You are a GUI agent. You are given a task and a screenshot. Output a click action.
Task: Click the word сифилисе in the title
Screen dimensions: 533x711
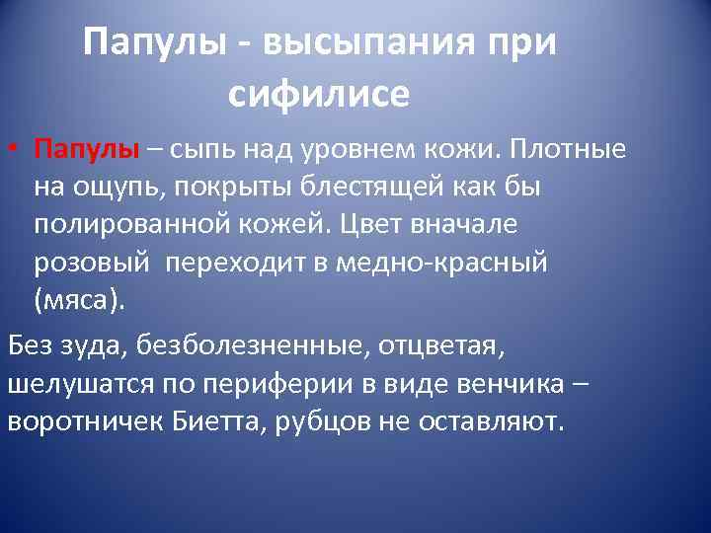(x=318, y=94)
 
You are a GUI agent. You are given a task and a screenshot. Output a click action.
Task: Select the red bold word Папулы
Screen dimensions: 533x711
(x=87, y=149)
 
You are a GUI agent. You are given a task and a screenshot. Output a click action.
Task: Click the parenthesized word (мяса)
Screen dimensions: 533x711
(x=80, y=300)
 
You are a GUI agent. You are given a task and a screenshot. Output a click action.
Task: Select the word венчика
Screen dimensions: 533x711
(x=503, y=384)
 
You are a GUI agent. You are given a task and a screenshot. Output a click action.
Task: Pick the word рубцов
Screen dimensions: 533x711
(x=329, y=422)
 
